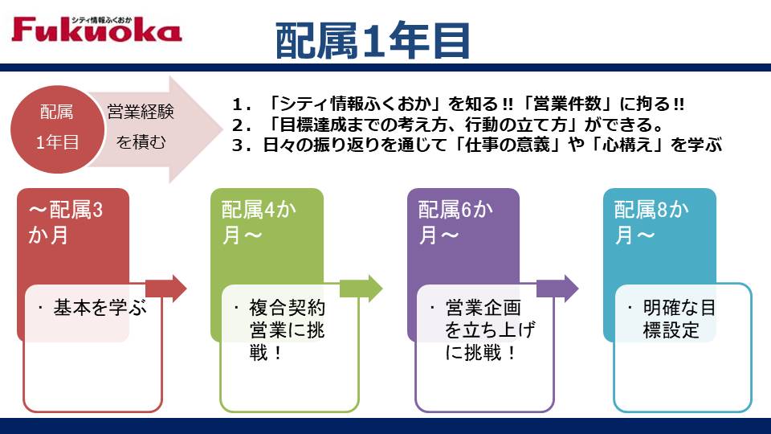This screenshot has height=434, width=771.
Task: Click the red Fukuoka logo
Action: pos(96,29)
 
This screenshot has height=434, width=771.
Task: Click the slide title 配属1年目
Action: pos(373,41)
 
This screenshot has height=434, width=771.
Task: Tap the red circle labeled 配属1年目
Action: pos(58,129)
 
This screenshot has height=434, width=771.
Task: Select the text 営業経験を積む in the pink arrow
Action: pos(141,127)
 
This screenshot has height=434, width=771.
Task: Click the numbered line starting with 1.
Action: pos(458,104)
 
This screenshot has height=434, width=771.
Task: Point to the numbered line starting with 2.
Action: pos(447,125)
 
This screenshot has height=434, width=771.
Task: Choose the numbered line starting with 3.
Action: pos(477,145)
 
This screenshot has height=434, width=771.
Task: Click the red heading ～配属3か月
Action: pos(65,222)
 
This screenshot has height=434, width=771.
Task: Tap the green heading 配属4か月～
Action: pos(259,222)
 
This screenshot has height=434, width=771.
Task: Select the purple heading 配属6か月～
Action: pos(455,222)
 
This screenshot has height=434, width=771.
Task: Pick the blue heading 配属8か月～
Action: pos(651,222)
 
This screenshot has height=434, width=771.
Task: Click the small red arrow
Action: pos(166,289)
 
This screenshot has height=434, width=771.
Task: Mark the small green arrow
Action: pos(361,289)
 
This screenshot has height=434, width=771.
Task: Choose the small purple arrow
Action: pos(557,289)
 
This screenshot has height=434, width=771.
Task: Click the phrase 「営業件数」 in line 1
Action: pos(569,104)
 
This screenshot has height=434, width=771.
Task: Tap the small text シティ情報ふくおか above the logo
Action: pos(102,20)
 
